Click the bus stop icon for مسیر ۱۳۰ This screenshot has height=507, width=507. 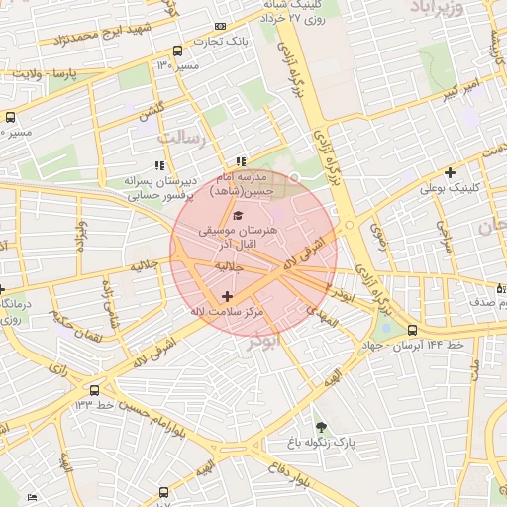[x=177, y=51]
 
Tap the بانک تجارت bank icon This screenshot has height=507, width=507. [x=220, y=26]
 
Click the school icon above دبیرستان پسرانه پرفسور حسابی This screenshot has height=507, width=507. [x=158, y=164]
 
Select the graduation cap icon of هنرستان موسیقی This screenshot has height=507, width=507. [x=237, y=215]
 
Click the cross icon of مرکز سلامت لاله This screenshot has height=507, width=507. [x=228, y=296]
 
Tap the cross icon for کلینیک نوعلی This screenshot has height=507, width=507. [x=450, y=172]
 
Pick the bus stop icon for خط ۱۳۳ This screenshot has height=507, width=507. [x=94, y=390]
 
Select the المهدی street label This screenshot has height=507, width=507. [x=323, y=315]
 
